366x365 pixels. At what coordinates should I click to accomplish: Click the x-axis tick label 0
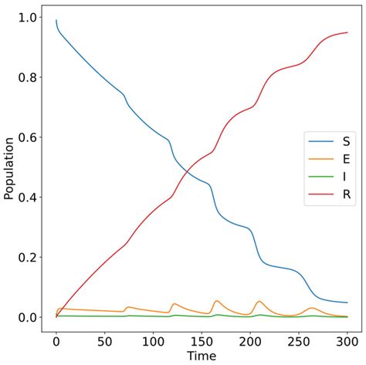(x=56, y=341)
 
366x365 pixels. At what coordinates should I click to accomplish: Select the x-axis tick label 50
(x=105, y=341)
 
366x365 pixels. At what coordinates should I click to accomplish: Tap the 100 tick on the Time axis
(x=153, y=341)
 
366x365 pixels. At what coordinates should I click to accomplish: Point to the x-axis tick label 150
(x=202, y=341)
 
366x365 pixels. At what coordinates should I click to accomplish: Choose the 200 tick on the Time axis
(x=250, y=341)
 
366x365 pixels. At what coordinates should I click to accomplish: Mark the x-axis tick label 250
(x=299, y=341)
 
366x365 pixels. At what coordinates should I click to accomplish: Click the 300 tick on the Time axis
(x=347, y=341)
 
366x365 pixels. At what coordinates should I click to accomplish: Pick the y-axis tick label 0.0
(x=28, y=317)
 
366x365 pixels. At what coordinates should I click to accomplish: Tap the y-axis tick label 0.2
(x=28, y=257)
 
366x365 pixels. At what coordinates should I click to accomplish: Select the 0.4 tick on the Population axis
(x=28, y=198)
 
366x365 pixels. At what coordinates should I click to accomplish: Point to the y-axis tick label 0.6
(x=28, y=137)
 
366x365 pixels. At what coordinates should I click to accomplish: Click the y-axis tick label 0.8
(x=28, y=77)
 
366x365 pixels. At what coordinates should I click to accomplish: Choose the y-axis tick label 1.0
(x=28, y=18)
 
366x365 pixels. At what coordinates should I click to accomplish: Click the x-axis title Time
(x=202, y=357)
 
